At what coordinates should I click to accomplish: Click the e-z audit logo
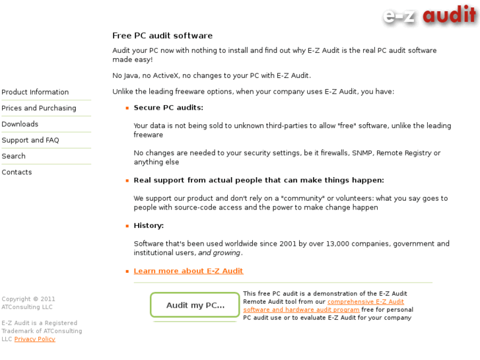click(x=429, y=15)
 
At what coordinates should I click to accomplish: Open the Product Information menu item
click(x=35, y=92)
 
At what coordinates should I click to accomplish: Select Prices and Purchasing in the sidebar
click(x=39, y=108)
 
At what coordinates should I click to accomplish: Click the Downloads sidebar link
click(x=20, y=124)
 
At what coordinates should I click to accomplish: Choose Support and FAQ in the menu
click(x=30, y=140)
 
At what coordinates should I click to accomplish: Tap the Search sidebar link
click(x=14, y=157)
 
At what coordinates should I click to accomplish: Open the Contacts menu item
click(x=17, y=172)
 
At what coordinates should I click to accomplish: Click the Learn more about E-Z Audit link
click(x=188, y=271)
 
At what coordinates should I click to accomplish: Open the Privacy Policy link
click(x=35, y=340)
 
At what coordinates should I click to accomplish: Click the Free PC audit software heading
click(x=162, y=36)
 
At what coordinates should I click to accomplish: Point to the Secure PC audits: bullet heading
click(x=168, y=108)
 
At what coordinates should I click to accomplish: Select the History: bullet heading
click(x=149, y=226)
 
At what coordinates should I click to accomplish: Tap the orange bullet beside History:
click(x=127, y=226)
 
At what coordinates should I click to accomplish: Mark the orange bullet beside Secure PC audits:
click(x=127, y=108)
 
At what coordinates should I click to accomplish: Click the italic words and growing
click(x=220, y=253)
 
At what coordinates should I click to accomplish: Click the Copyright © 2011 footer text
click(x=28, y=299)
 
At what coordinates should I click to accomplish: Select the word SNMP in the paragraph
click(x=362, y=153)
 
